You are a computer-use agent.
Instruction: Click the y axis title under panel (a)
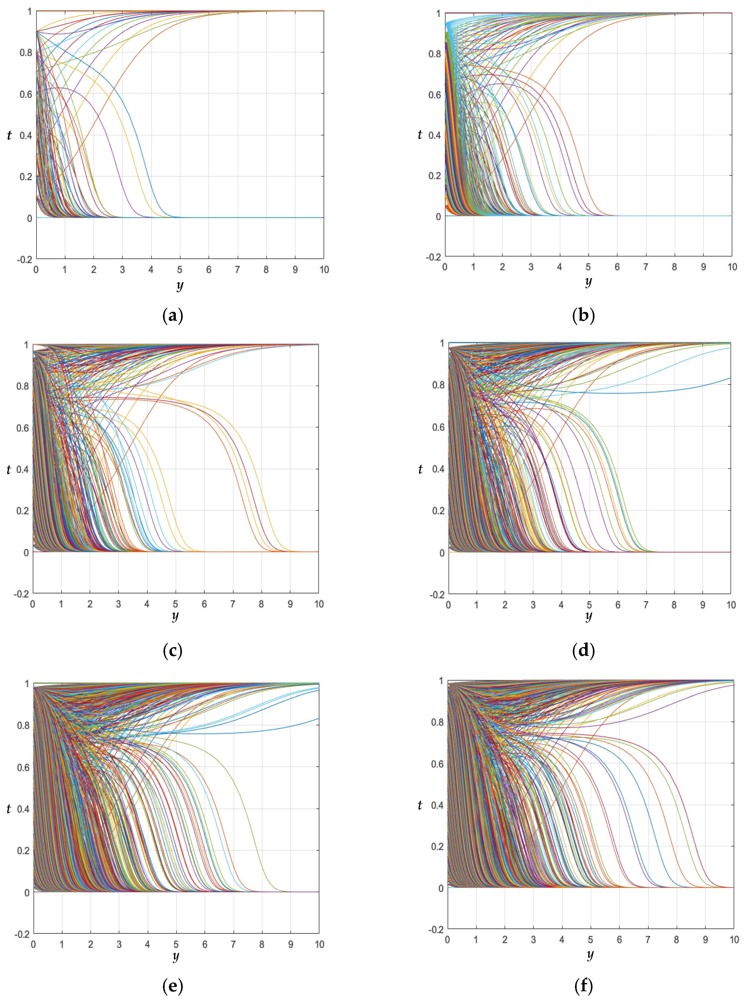(x=180, y=286)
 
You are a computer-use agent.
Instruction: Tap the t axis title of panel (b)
(x=420, y=135)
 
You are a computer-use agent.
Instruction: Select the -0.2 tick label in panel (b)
(x=433, y=257)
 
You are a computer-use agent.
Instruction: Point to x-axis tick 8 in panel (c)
(x=261, y=604)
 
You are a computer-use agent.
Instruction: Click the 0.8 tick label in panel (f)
(x=437, y=722)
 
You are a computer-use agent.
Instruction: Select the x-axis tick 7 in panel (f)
(x=647, y=940)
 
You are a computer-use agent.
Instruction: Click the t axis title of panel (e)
(x=9, y=809)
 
